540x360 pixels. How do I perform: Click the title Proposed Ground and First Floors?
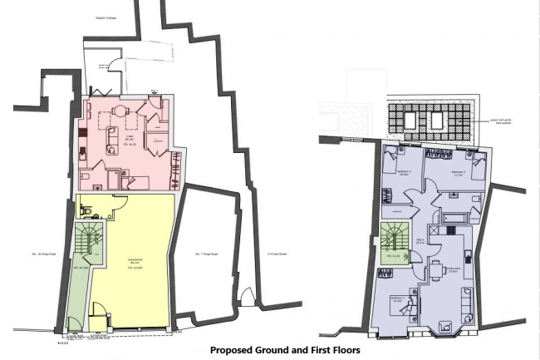click(285, 351)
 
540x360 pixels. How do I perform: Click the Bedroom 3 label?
click(405, 173)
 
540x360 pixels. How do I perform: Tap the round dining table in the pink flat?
click(120, 110)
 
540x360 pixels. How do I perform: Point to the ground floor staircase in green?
click(83, 243)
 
